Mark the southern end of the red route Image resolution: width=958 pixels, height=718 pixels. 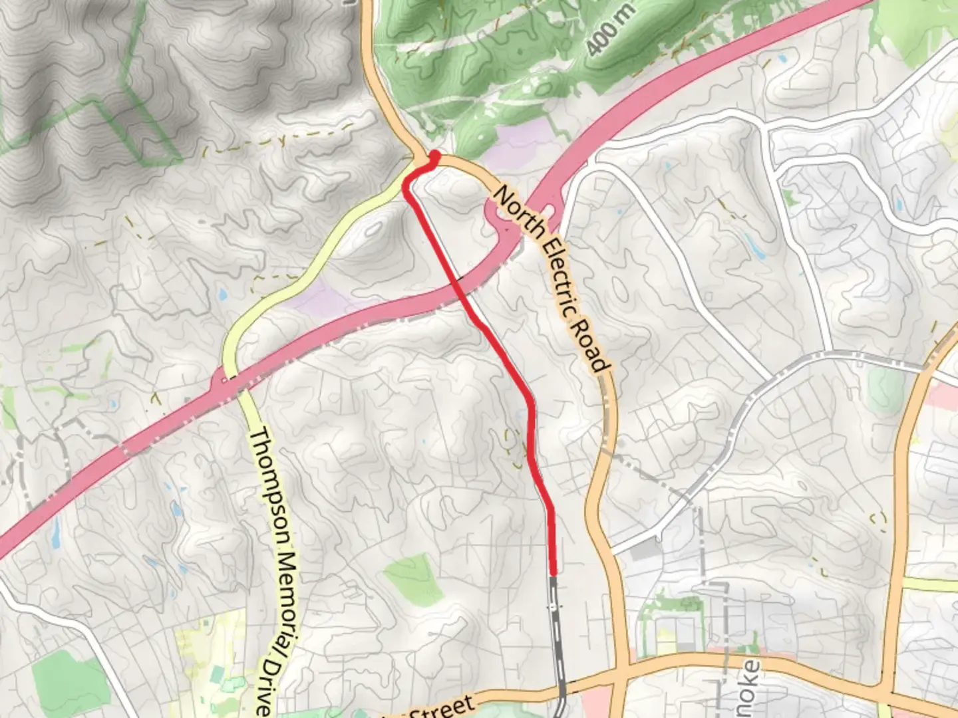554,572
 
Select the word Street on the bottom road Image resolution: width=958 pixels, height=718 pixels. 442,707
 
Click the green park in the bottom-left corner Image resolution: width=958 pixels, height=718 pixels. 67,678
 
